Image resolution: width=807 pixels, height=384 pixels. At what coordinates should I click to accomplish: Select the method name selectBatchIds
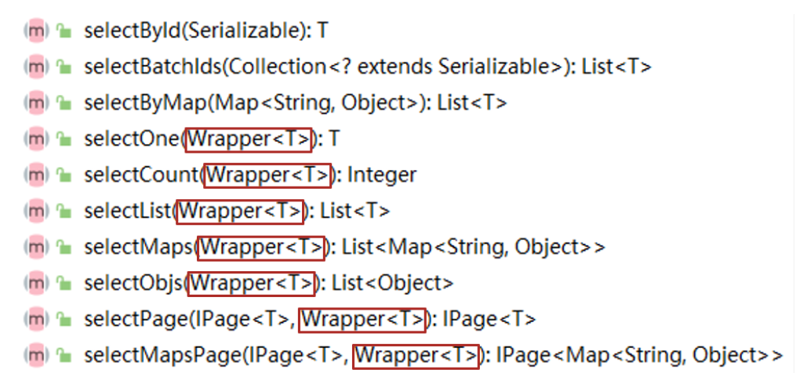tap(140, 67)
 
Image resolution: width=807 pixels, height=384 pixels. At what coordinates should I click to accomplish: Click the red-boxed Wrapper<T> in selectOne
tap(249, 139)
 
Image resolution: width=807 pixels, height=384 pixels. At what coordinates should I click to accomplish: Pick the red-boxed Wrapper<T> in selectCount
tap(267, 175)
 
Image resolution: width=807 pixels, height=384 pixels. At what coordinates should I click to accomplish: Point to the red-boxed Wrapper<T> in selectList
tap(240, 211)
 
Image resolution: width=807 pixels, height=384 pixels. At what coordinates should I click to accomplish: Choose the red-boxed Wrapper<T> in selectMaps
tap(260, 248)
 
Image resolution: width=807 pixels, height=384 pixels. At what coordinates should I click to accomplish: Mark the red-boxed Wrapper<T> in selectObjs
tap(252, 283)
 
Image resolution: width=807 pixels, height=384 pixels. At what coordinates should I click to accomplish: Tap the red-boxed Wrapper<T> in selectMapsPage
tap(416, 356)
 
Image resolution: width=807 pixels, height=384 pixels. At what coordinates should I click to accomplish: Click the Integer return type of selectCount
tap(382, 175)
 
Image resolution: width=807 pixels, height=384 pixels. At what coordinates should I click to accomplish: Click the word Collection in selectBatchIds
tap(263, 67)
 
